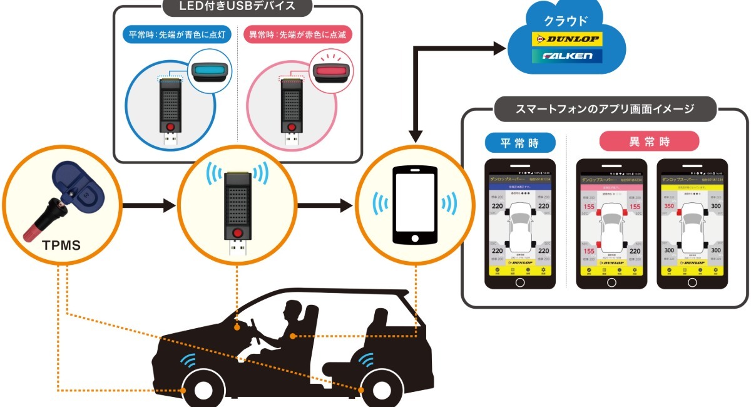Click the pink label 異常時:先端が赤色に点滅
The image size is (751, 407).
click(297, 34)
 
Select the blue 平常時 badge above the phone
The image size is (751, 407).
click(519, 142)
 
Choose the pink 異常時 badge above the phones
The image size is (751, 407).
click(649, 142)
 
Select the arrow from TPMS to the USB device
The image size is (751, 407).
click(148, 204)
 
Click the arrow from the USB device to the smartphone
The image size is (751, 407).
click(326, 204)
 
